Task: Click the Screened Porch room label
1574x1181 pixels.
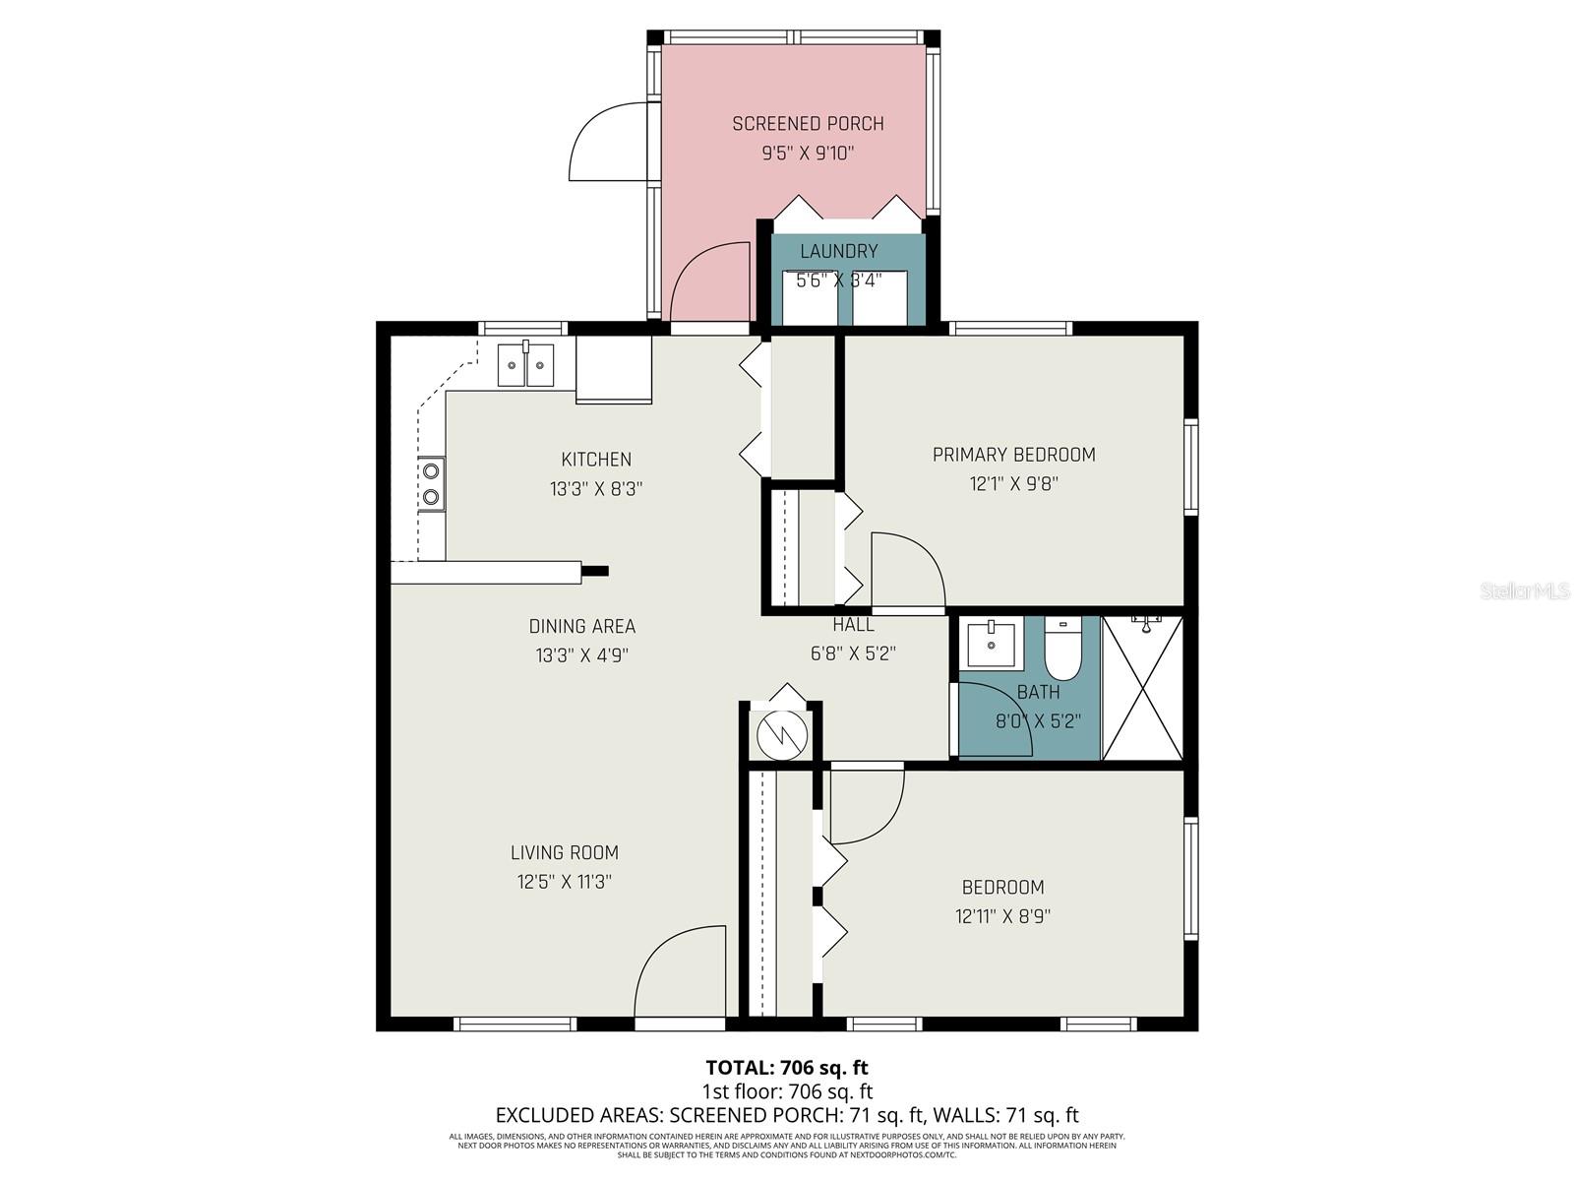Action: [x=808, y=124]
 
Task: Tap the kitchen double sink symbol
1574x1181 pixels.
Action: [x=525, y=365]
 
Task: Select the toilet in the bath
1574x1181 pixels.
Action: [x=1062, y=649]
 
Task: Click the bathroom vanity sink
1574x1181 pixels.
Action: [x=990, y=645]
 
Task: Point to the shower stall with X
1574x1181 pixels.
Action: [x=1142, y=688]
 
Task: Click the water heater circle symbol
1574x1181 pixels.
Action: [x=782, y=733]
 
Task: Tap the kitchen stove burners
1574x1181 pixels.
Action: [x=430, y=483]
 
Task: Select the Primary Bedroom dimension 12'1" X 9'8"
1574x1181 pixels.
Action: [x=1013, y=484]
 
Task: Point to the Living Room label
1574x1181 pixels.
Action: [x=565, y=853]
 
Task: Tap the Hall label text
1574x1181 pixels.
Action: [x=853, y=625]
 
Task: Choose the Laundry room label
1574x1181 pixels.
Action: [x=838, y=252]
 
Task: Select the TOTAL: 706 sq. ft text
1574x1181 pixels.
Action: [x=787, y=1067]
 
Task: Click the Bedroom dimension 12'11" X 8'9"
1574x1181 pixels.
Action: [x=1002, y=916]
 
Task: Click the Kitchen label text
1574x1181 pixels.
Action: [x=596, y=460]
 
